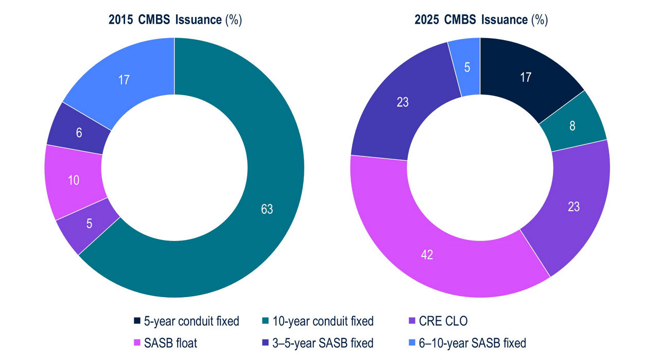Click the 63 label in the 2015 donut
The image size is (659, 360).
point(267,209)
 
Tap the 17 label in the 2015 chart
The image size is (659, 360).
point(124,80)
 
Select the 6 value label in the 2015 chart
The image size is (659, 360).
point(79,132)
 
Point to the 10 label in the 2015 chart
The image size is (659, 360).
point(74,181)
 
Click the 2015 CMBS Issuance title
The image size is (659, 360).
point(175,20)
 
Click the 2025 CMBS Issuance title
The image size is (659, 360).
point(481,20)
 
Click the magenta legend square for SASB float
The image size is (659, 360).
point(137,342)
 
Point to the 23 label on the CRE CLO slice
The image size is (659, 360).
point(574,207)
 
